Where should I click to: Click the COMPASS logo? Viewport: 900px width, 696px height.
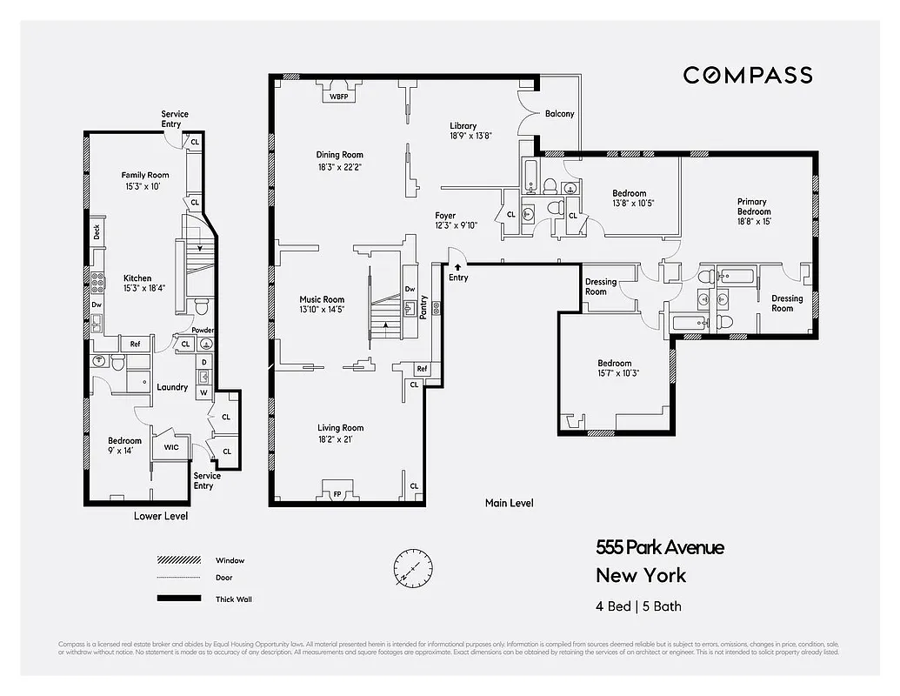(x=747, y=75)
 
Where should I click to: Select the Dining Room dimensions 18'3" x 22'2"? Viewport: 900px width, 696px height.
(x=339, y=167)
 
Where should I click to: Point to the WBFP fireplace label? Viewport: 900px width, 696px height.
(x=338, y=97)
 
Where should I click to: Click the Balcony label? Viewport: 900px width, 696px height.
(x=559, y=114)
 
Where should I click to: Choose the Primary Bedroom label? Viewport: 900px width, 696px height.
(x=754, y=206)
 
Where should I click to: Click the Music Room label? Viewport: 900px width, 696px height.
(x=323, y=299)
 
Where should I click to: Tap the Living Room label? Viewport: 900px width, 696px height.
(x=340, y=428)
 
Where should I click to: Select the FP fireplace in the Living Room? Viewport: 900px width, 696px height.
(x=338, y=493)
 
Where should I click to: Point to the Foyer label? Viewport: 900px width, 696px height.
(x=445, y=215)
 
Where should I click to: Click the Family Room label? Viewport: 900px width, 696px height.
(x=144, y=175)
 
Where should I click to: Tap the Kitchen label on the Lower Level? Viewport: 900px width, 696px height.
(x=137, y=278)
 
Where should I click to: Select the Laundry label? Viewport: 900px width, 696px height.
(x=172, y=387)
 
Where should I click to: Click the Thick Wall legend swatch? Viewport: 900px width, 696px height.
(x=178, y=599)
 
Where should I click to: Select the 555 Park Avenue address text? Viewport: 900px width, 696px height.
(x=659, y=547)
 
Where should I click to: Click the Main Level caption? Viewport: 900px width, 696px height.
(x=509, y=503)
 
